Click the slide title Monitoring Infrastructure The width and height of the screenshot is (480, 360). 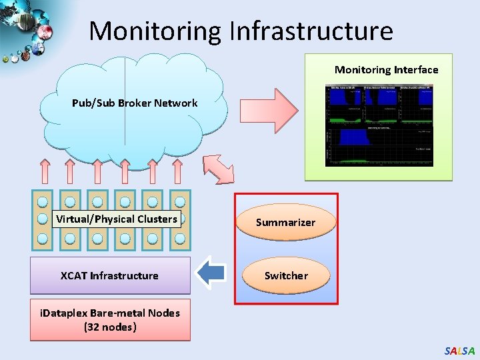pyautogui.click(x=241, y=31)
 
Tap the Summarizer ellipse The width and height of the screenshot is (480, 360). pyautogui.click(x=285, y=222)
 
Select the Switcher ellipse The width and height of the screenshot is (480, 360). pyautogui.click(x=285, y=275)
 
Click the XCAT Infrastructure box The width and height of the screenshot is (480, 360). pyautogui.click(x=110, y=275)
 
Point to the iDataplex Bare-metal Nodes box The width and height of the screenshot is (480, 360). pyautogui.click(x=110, y=320)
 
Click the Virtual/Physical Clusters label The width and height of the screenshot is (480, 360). pyautogui.click(x=117, y=219)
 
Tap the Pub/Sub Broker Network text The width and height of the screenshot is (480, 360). pyautogui.click(x=135, y=103)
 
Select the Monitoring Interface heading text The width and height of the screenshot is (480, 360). pyautogui.click(x=386, y=69)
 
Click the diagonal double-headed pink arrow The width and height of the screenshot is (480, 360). pyautogui.click(x=219, y=168)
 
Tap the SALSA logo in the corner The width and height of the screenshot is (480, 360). pyautogui.click(x=459, y=351)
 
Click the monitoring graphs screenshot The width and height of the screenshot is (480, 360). pyautogui.click(x=379, y=125)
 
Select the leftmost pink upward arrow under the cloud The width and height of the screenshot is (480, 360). pyautogui.click(x=44, y=171)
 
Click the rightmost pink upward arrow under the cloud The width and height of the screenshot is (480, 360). pyautogui.click(x=177, y=171)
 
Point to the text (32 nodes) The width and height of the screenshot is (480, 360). pyautogui.click(x=110, y=327)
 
